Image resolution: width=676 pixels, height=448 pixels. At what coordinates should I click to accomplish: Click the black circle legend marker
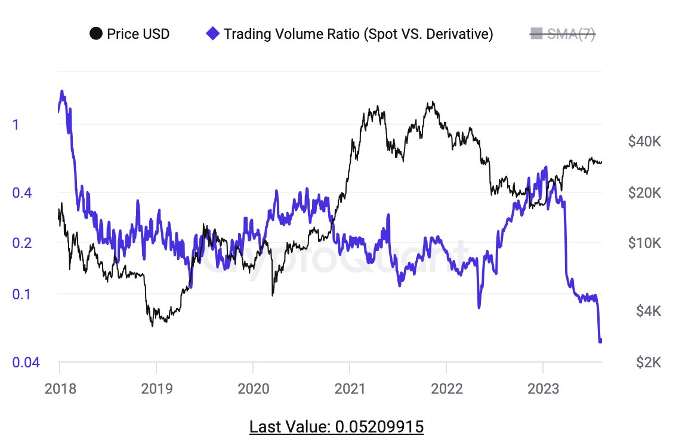(x=95, y=34)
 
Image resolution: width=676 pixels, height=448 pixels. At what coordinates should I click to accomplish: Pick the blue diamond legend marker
(x=212, y=34)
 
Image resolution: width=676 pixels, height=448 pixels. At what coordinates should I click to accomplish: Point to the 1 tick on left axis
(x=16, y=125)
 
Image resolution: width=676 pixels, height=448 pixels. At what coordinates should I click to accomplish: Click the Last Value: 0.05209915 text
(x=337, y=427)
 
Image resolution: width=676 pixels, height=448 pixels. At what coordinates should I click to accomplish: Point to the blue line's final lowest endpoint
(x=600, y=341)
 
